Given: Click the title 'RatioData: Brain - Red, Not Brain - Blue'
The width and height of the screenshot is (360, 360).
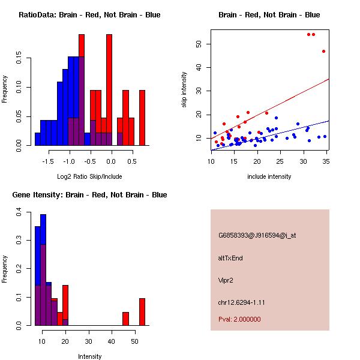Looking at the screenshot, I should click(x=89, y=15).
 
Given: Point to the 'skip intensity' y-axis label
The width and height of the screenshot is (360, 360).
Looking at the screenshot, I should click(x=184, y=90).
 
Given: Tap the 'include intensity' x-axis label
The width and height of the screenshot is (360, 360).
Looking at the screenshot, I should click(x=269, y=176).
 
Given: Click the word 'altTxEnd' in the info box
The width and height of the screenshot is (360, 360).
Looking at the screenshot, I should click(x=230, y=258).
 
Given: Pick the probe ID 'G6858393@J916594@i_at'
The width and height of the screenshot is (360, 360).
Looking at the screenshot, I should click(x=257, y=235).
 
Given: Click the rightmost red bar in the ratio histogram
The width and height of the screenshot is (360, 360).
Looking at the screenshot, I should click(x=142, y=118).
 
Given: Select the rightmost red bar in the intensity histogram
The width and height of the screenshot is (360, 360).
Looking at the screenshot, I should click(x=142, y=311).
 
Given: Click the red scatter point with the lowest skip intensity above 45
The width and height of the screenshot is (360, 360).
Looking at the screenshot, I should click(x=323, y=51).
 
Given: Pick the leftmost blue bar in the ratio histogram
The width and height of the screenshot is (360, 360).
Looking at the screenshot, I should click(x=37, y=139).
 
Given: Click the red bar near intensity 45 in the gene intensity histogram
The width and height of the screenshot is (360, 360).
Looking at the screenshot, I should click(x=125, y=319).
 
